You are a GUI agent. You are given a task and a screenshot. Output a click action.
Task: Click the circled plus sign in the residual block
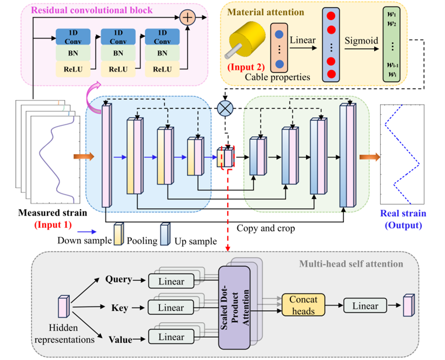(x=188, y=17)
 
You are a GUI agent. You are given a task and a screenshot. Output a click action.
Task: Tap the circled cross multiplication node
(x=225, y=108)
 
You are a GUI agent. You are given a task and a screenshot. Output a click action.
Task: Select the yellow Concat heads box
(x=303, y=305)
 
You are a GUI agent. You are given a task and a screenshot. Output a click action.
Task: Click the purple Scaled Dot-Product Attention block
(x=235, y=308)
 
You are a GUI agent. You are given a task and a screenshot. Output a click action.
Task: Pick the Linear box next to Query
(x=171, y=281)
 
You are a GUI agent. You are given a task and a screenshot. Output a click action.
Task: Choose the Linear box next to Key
(x=171, y=307)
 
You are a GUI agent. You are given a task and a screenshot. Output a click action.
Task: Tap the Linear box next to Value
(x=171, y=337)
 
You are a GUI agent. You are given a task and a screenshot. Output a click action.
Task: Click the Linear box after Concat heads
(x=366, y=305)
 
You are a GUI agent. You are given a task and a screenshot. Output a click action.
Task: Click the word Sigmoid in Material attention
(x=361, y=41)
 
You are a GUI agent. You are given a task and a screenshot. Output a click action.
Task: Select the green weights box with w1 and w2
(x=391, y=44)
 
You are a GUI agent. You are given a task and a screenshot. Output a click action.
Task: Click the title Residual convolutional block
(x=92, y=10)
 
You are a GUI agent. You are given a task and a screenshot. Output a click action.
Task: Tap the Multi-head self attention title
(x=351, y=264)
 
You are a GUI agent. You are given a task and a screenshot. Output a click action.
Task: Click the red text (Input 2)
(x=246, y=67)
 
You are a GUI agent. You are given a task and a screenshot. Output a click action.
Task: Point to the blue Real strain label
(x=403, y=213)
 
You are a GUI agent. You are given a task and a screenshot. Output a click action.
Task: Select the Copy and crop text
(x=265, y=228)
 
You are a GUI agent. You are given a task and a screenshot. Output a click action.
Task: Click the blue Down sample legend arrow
(x=87, y=232)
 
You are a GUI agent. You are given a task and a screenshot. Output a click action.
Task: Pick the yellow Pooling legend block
(x=118, y=234)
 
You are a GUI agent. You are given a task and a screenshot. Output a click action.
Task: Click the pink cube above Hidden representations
(x=64, y=306)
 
